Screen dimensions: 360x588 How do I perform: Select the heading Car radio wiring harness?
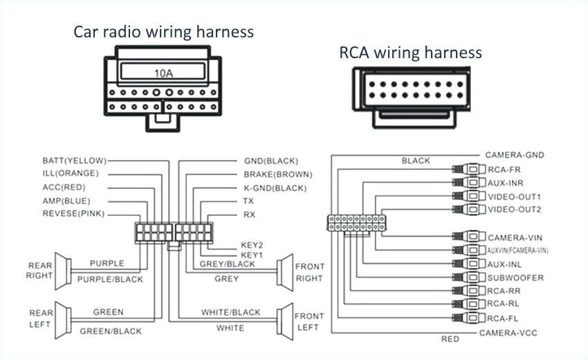[164, 32]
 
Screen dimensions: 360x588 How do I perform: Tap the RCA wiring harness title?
[410, 53]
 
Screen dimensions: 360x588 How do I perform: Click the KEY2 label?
[251, 245]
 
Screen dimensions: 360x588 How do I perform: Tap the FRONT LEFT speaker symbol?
[284, 319]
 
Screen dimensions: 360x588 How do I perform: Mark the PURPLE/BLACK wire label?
[111, 279]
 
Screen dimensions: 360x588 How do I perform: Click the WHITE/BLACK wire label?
[231, 312]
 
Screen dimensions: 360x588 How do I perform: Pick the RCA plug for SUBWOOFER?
[466, 278]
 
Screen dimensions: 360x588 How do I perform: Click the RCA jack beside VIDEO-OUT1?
[466, 197]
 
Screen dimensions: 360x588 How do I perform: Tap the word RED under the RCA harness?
[450, 339]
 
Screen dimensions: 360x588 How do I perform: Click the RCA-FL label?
[502, 318]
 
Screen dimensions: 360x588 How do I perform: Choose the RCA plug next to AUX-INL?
[466, 264]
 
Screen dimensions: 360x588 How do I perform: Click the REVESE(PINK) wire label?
[73, 214]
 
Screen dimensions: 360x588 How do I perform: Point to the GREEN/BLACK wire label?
[109, 331]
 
